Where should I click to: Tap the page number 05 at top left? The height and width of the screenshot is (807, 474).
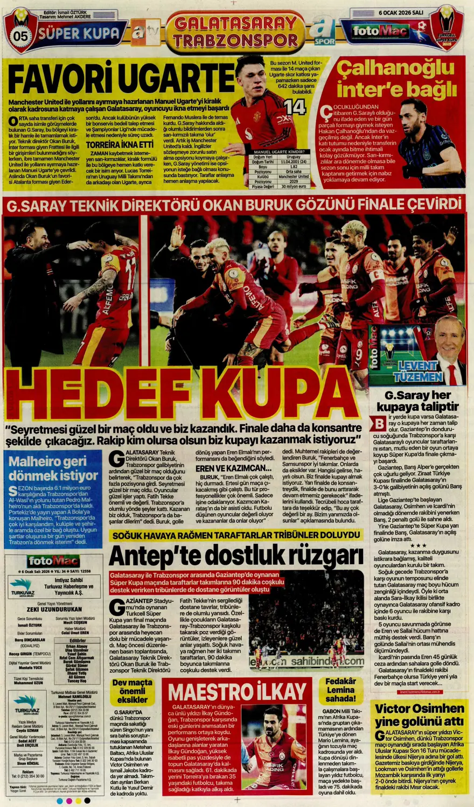(20, 36)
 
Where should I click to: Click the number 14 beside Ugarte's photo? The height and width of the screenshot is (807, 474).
(295, 108)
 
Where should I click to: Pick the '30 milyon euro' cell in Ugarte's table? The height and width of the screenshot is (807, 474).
(294, 186)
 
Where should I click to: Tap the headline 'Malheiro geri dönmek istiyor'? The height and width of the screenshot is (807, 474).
(53, 468)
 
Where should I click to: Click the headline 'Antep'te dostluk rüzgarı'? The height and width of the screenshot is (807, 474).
(236, 555)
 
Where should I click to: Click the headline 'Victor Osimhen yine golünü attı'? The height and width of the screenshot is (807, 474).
(419, 715)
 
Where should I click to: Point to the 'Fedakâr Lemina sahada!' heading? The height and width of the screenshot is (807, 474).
(340, 690)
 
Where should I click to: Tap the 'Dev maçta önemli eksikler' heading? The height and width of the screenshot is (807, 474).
(133, 691)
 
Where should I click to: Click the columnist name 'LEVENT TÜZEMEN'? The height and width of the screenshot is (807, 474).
(417, 371)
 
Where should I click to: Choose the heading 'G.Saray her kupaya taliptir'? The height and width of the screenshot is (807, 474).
(417, 400)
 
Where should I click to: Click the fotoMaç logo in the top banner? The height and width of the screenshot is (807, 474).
(380, 31)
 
